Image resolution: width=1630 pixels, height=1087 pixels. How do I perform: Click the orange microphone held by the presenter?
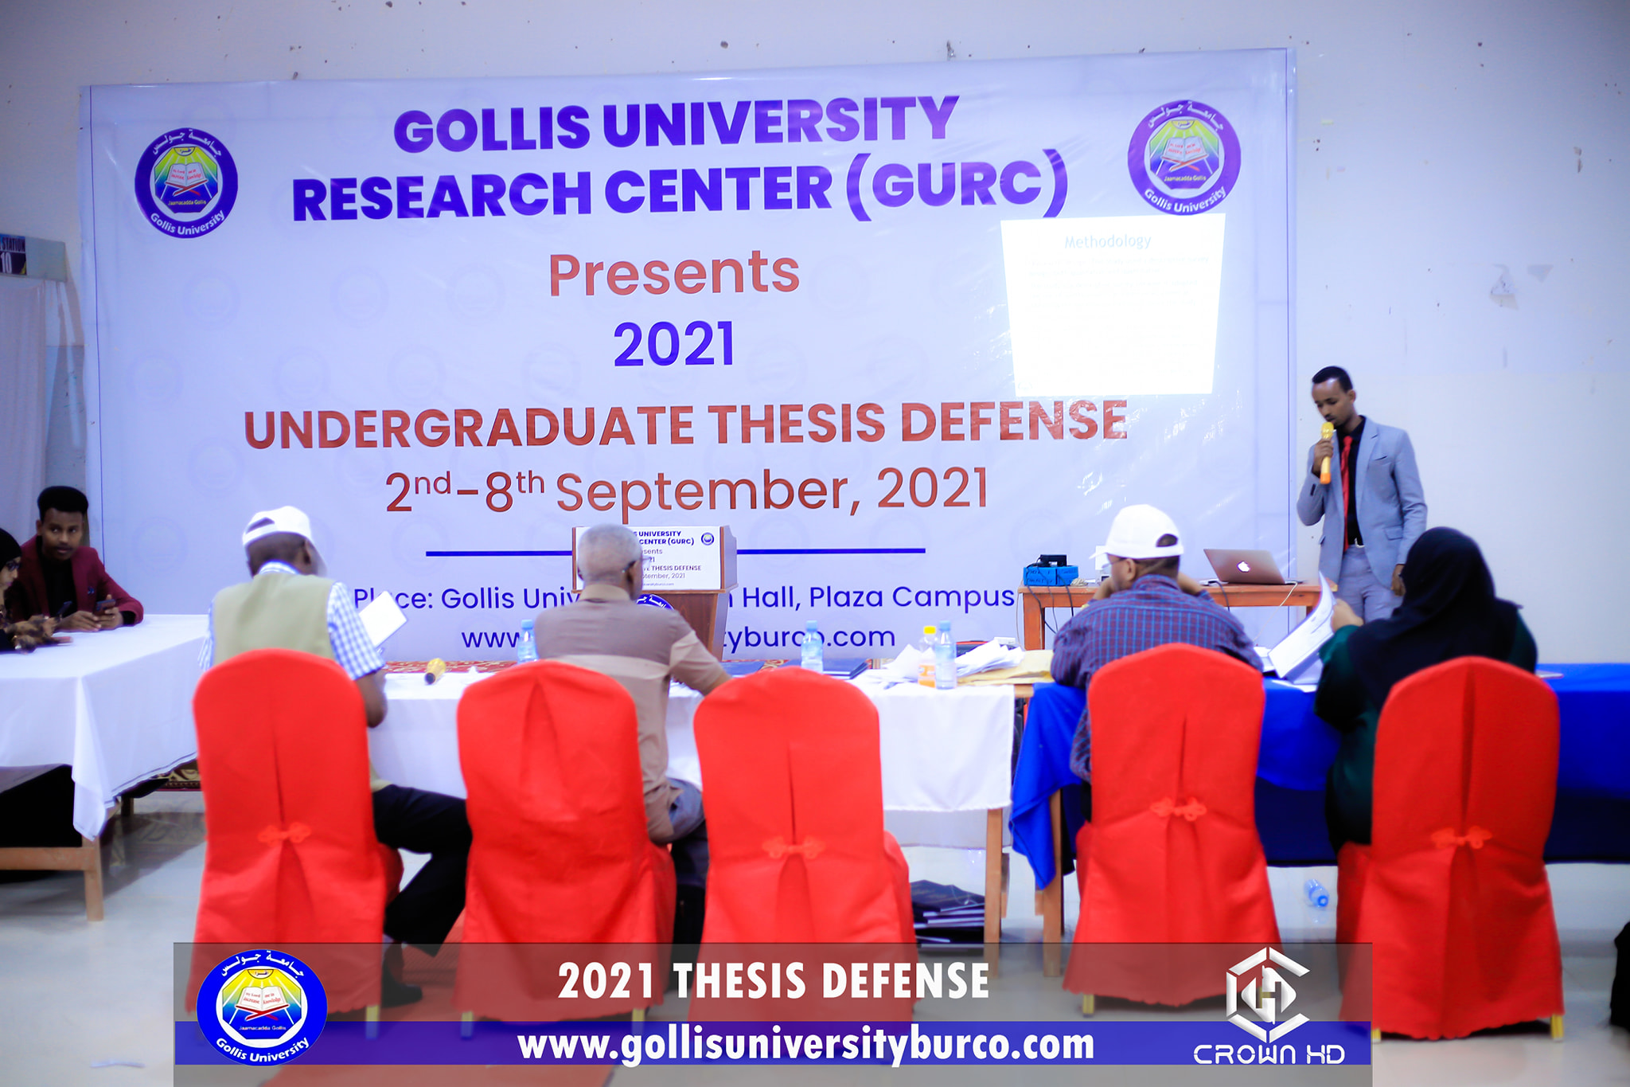coord(1326,453)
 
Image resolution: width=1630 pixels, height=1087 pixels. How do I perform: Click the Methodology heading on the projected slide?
coord(1107,240)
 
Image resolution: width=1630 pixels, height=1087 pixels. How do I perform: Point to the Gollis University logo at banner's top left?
coord(186,183)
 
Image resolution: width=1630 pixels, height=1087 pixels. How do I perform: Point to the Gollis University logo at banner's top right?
coord(1184,157)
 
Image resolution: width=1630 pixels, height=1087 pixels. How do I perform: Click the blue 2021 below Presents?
coord(673,345)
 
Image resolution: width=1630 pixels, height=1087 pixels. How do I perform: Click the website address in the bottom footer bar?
coord(805,1046)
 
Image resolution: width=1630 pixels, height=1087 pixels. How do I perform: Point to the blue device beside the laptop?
coord(1050,572)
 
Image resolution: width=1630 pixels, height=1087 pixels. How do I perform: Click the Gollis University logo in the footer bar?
coord(262,1007)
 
